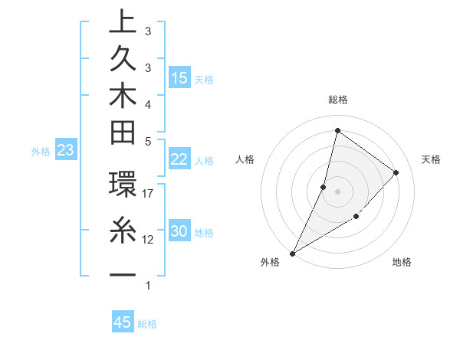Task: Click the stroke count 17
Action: coord(148,195)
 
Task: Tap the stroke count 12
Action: coord(148,240)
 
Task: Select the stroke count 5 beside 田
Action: coord(147,141)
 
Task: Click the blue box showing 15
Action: coord(179,77)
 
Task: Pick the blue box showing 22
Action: coord(179,159)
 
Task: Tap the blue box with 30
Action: coord(179,231)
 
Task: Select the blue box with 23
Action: coord(65,151)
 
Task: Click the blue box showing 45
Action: coord(123,322)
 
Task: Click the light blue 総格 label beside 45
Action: coord(147,324)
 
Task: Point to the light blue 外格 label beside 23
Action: coord(41,152)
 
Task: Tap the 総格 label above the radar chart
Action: coord(337,100)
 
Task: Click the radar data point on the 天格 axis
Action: coord(396,172)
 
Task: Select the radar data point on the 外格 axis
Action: coord(292,253)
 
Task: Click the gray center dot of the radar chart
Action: coord(337,191)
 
